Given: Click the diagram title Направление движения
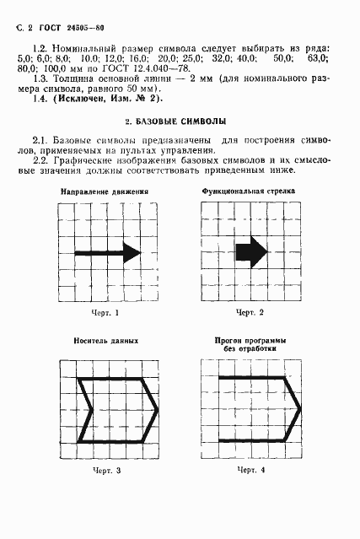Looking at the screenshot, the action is point(105,215).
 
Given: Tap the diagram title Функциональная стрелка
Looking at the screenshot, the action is point(248,215).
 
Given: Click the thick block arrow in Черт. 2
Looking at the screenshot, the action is point(251,251).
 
